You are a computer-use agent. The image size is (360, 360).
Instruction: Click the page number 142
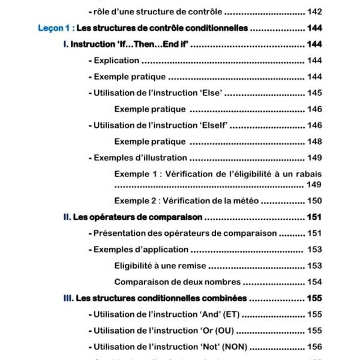point(314,11)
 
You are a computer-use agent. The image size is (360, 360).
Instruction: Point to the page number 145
point(314,93)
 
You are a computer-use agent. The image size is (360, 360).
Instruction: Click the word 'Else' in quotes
point(211,93)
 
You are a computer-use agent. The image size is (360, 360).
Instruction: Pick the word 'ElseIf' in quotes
point(214,125)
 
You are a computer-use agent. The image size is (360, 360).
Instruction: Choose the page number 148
point(314,142)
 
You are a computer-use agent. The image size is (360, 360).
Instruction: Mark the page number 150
point(314,201)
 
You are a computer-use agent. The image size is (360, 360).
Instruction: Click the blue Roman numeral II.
point(67,217)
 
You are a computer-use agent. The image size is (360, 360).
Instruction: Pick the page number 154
point(314,282)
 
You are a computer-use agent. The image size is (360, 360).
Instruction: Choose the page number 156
point(314,347)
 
